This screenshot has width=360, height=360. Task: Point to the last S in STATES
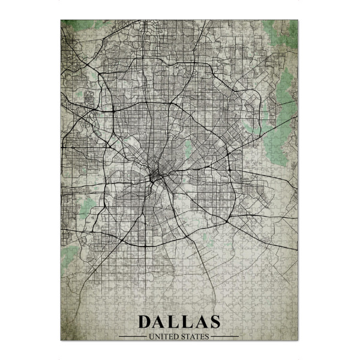(x=207, y=336)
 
